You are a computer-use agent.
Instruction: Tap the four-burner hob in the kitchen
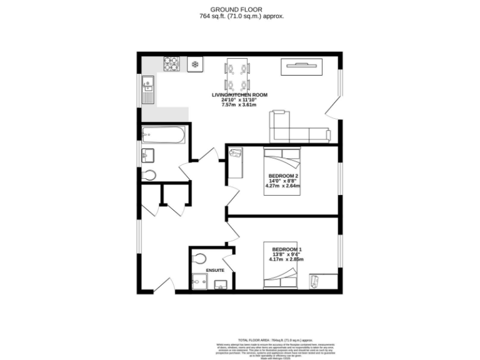point(171,64)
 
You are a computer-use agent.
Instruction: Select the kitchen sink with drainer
point(147,89)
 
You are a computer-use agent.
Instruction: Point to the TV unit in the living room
point(302,66)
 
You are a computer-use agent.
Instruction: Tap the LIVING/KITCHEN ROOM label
point(239,94)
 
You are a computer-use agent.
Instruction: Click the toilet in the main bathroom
point(149,175)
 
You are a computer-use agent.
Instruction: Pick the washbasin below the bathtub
point(149,154)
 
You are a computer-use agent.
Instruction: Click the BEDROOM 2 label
point(282,176)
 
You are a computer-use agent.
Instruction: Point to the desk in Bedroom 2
point(236,161)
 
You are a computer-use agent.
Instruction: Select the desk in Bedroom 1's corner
point(322,282)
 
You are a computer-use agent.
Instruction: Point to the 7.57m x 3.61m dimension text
point(239,104)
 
